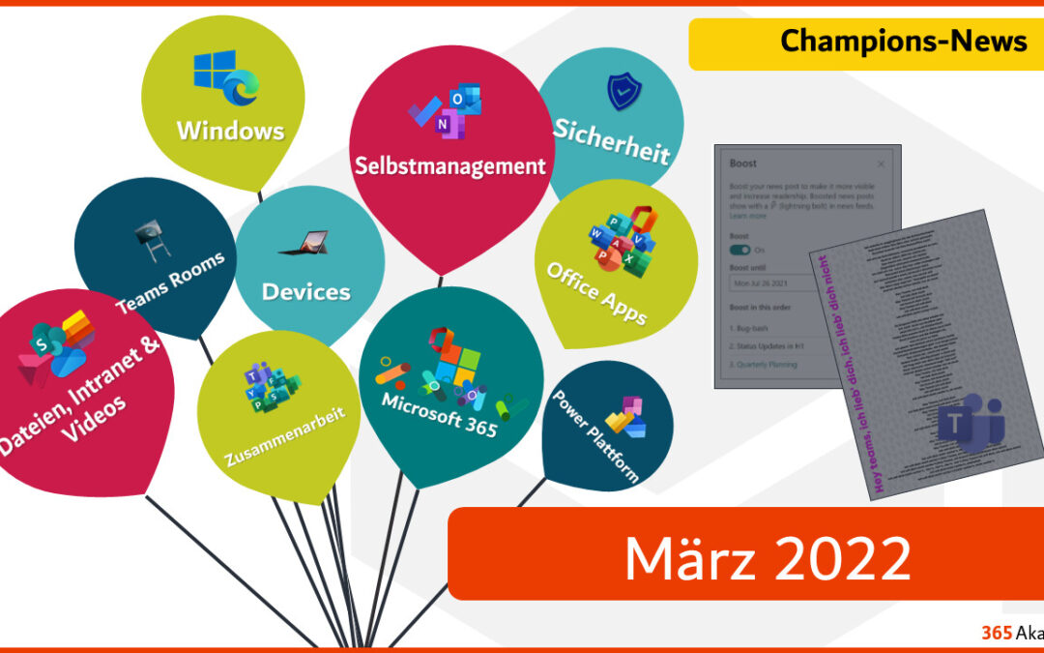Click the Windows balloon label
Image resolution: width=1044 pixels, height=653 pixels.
tap(230, 130)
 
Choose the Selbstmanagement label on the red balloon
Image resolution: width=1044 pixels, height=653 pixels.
tap(449, 165)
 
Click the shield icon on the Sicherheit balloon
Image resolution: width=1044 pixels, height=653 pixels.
tap(623, 92)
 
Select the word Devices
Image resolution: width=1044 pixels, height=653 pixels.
tap(306, 291)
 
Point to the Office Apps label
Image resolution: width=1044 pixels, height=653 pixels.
tap(596, 292)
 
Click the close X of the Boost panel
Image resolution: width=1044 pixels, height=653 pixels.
tap(881, 165)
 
